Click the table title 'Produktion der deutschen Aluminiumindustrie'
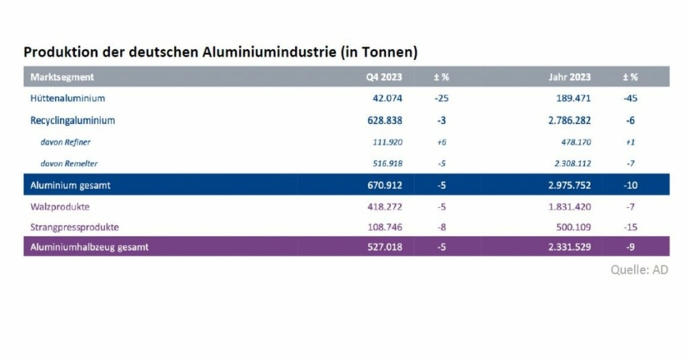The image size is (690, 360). [x=221, y=52]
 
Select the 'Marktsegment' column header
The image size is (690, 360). [x=62, y=77]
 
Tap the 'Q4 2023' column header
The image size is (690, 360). [x=384, y=77]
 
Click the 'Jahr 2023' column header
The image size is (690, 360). [x=569, y=77]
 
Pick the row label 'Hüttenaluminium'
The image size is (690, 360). [x=67, y=99]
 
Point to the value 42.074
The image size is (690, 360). [x=387, y=99]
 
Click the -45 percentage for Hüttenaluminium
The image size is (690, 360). [x=630, y=99]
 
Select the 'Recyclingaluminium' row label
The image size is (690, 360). [x=72, y=120]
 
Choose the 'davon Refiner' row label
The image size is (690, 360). [x=67, y=141]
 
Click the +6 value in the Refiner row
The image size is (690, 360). [x=441, y=141]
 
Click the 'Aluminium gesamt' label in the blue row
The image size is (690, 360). [x=70, y=185]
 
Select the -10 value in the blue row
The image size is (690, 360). [x=630, y=185]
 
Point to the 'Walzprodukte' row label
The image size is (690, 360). [x=60, y=206]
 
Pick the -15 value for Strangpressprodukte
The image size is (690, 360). [x=630, y=225]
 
